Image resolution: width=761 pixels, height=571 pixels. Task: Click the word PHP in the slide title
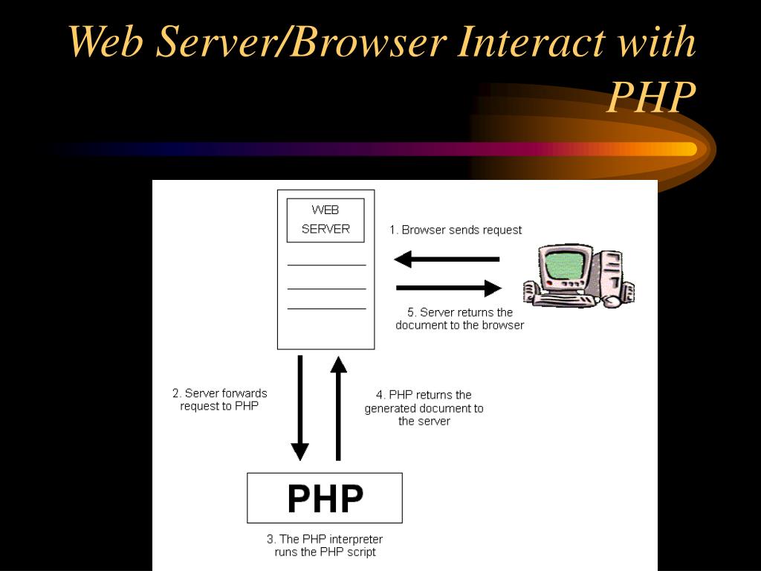click(651, 97)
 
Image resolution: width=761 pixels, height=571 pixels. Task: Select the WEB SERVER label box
click(326, 220)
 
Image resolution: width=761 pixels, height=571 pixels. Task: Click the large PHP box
click(325, 498)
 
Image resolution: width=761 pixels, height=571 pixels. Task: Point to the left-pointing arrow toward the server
click(447, 259)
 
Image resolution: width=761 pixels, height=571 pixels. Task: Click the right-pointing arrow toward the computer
click(450, 288)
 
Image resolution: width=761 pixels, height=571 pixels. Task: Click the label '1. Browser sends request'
click(456, 230)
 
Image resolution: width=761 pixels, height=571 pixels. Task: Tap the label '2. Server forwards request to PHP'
click(220, 400)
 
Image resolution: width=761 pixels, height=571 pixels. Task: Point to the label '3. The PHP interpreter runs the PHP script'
click(325, 545)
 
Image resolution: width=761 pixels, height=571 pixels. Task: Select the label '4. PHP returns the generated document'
click(424, 407)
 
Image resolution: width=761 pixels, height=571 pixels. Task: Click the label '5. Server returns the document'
click(459, 318)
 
